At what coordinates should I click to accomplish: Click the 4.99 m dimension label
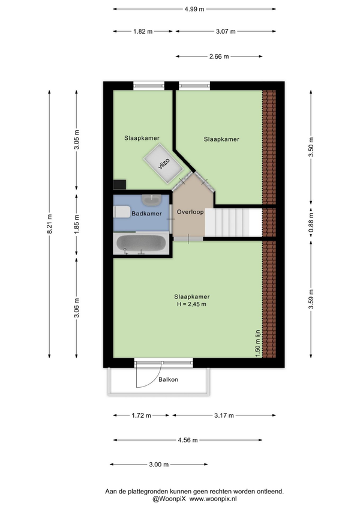[194, 9]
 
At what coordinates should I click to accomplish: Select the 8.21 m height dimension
[49, 224]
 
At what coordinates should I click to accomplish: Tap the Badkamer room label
[146, 214]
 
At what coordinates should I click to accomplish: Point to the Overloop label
[190, 212]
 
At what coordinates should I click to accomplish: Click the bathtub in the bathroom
[141, 244]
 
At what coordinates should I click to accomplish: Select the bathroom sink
[152, 200]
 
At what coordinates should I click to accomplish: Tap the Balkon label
[168, 379]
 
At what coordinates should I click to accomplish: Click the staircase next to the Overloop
[233, 223]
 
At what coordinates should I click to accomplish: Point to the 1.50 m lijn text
[258, 343]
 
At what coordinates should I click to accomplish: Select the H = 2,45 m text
[191, 304]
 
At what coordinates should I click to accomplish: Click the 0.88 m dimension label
[311, 224]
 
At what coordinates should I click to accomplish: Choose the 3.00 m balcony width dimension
[159, 465]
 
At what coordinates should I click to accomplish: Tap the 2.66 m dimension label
[219, 56]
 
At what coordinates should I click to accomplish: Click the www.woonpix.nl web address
[213, 499]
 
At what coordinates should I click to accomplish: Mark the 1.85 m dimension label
[77, 224]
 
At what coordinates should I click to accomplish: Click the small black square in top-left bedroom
[119, 184]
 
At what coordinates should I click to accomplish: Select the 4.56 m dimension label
[188, 440]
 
